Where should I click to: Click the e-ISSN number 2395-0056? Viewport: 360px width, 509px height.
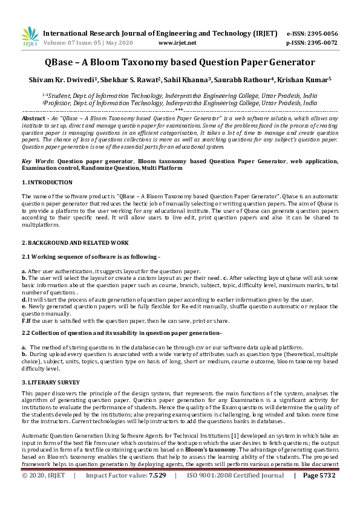pyautogui.click(x=324, y=33)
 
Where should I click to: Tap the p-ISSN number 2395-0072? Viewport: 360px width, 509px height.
pyautogui.click(x=324, y=44)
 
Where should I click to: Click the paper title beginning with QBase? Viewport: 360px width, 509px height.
pyautogui.click(x=180, y=62)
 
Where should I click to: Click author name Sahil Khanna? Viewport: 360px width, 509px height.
pyautogui.click(x=192, y=79)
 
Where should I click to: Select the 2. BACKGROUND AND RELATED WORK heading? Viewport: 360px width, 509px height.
pyautogui.click(x=76, y=242)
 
